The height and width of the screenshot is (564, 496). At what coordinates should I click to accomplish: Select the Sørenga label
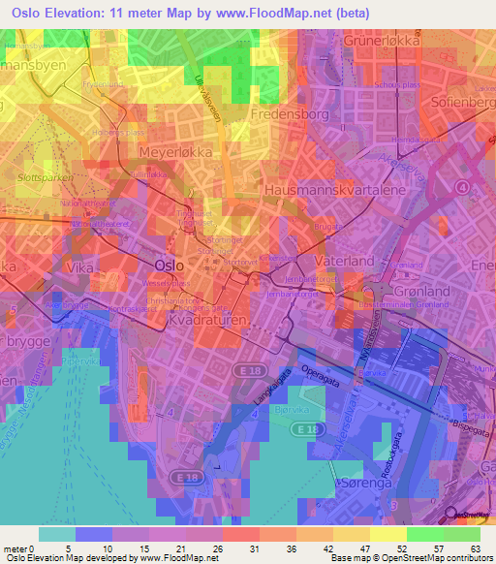tap(361, 482)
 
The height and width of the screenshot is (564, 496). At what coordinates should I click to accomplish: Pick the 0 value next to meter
tap(38, 548)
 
